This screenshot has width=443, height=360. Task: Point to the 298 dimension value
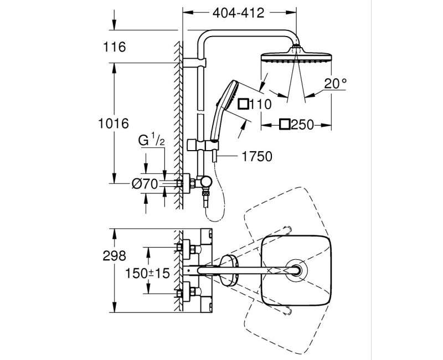click(x=114, y=255)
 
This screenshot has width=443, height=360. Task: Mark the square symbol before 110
click(x=243, y=103)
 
